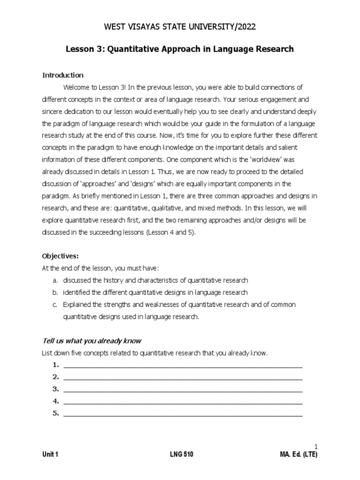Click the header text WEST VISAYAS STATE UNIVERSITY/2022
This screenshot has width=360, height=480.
pyautogui.click(x=180, y=28)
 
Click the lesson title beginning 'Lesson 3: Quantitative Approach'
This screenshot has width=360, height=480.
pyautogui.click(x=180, y=49)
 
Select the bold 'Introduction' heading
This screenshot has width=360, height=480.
pyautogui.click(x=63, y=75)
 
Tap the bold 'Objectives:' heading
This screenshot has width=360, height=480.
pyautogui.click(x=60, y=256)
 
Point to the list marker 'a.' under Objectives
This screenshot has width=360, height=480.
pyautogui.click(x=55, y=280)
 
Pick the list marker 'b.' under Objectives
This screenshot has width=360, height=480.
pyautogui.click(x=55, y=292)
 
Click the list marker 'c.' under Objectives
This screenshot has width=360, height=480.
pyautogui.click(x=55, y=305)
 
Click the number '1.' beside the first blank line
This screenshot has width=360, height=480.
pyautogui.click(x=55, y=365)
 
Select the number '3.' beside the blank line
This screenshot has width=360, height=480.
pyautogui.click(x=55, y=389)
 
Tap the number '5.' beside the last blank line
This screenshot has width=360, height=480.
pyautogui.click(x=55, y=413)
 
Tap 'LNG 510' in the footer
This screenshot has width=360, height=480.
pyautogui.click(x=181, y=455)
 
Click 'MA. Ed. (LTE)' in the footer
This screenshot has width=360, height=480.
pyautogui.click(x=298, y=455)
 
